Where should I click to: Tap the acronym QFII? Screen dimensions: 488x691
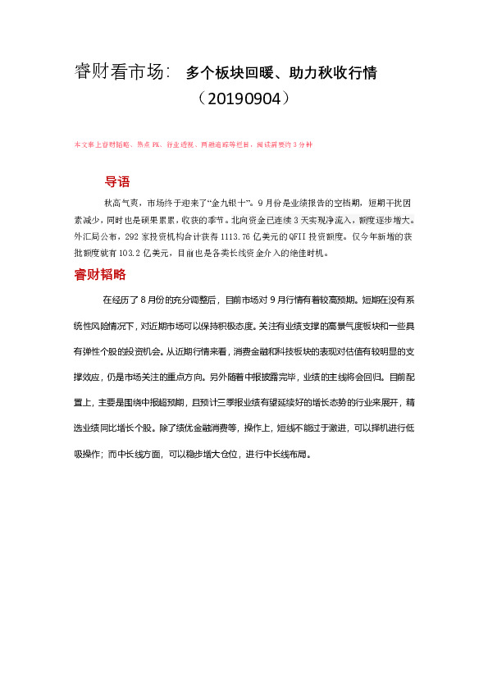319,236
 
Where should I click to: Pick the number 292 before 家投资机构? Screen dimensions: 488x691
126,236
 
